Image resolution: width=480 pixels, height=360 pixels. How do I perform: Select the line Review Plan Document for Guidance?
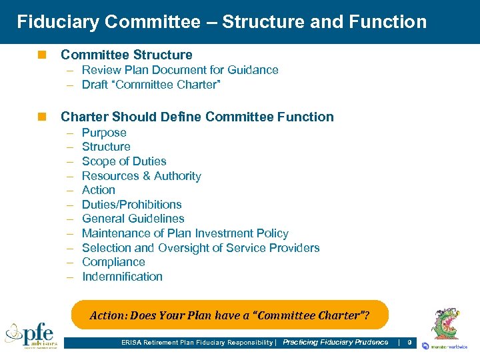pos(180,70)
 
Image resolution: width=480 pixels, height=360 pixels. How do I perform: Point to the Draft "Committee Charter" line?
pos(150,85)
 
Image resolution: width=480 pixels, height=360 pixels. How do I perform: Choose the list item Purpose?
pos(104,133)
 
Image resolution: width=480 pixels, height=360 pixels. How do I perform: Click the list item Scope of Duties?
pos(124,161)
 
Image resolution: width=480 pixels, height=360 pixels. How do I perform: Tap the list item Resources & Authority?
pos(141,176)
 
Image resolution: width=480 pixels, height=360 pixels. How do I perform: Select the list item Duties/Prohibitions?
pos(132,205)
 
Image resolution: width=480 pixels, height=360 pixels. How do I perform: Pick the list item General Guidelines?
pos(133,219)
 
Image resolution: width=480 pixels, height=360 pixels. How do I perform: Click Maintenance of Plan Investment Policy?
pos(185,233)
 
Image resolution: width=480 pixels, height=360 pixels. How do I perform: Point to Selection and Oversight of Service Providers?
pos(201,248)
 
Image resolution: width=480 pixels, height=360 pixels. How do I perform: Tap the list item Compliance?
pos(113,262)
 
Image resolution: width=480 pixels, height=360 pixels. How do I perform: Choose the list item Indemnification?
pos(122,277)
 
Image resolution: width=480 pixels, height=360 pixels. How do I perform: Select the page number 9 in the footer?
pos(409,343)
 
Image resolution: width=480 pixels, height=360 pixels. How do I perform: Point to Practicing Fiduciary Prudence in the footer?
pos(335,343)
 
